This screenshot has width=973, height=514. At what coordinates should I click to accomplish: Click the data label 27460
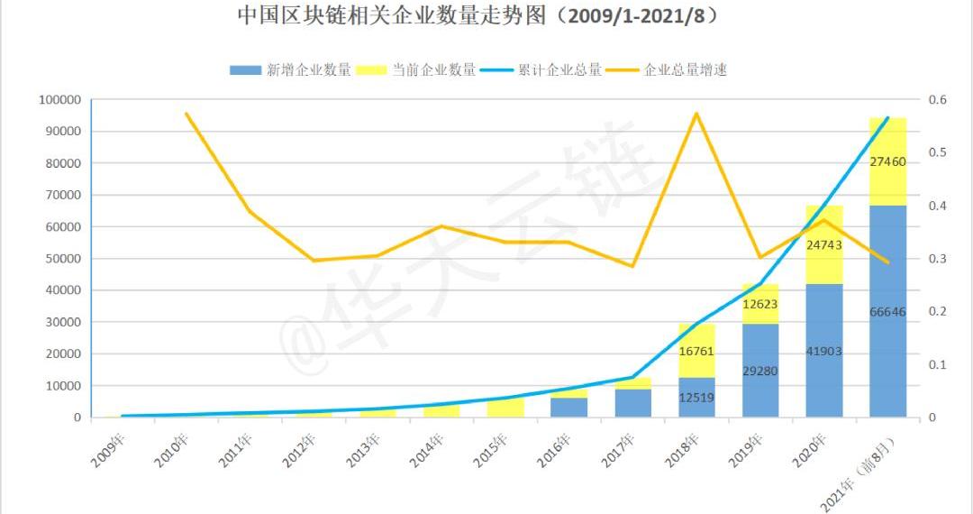(x=887, y=162)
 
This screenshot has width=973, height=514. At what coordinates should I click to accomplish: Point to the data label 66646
(x=887, y=312)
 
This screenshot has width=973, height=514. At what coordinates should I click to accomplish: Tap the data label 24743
(x=823, y=245)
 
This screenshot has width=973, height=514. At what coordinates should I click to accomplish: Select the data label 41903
(x=823, y=351)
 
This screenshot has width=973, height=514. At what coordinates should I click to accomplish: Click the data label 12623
(x=759, y=305)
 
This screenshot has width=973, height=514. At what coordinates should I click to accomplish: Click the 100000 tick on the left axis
(x=60, y=99)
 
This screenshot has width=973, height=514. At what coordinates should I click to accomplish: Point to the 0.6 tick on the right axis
(x=938, y=99)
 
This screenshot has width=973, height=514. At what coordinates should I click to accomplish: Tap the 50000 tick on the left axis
(x=63, y=259)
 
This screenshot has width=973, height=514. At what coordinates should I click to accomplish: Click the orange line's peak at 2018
(x=696, y=114)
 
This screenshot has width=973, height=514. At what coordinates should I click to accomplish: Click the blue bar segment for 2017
(x=632, y=402)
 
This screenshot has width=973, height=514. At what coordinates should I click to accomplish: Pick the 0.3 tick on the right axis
(x=938, y=259)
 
